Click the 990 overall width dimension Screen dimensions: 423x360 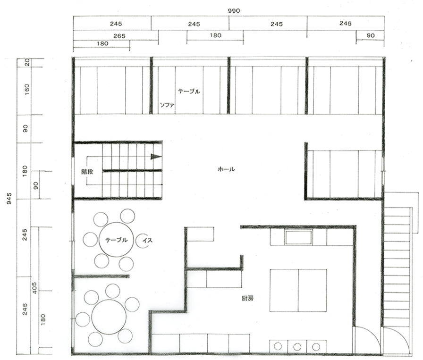click(x=234, y=11)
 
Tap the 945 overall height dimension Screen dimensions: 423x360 click(x=9, y=198)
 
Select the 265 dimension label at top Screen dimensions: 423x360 click(x=119, y=36)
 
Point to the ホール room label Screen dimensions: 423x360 click(x=226, y=169)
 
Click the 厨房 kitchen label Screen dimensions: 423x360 click(x=247, y=299)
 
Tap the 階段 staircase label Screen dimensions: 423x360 click(x=87, y=172)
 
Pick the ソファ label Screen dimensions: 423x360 click(x=167, y=105)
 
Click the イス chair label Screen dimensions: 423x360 click(x=148, y=240)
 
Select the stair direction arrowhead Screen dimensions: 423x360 click(x=156, y=156)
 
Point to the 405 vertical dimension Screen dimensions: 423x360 click(x=34, y=288)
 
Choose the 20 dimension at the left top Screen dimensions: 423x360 click(x=27, y=63)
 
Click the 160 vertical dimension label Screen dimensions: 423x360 click(x=26, y=89)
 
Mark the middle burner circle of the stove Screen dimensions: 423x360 click(x=297, y=346)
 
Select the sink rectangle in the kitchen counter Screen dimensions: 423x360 click(x=299, y=237)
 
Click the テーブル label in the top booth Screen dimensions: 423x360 click(x=189, y=92)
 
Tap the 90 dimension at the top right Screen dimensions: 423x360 click(x=371, y=35)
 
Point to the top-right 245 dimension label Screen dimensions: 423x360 click(x=345, y=24)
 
